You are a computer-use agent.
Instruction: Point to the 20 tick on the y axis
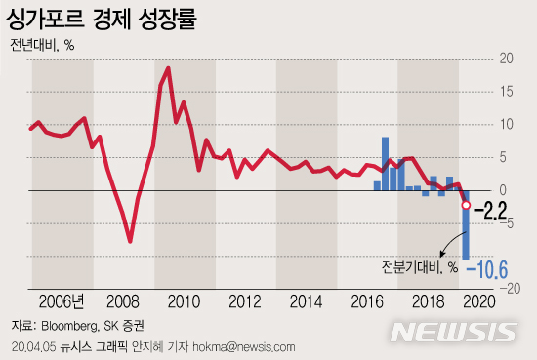(x=505, y=59)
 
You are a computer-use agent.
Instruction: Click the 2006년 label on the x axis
(x=63, y=300)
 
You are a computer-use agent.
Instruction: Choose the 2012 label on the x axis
(x=245, y=300)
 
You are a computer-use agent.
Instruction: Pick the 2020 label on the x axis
(x=478, y=300)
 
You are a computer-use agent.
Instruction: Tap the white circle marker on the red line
(x=466, y=206)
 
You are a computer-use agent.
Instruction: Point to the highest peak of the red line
(x=169, y=68)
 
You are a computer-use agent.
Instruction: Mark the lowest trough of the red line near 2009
(x=130, y=240)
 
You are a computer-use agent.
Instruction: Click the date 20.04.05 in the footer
(x=32, y=346)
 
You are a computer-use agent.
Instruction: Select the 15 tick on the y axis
(x=505, y=92)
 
